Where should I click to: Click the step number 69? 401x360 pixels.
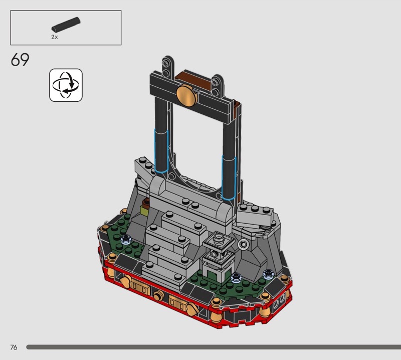(x=20, y=60)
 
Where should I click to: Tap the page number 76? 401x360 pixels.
(x=14, y=347)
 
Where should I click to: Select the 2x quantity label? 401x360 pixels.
(x=55, y=37)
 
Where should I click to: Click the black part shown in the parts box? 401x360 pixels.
(x=66, y=25)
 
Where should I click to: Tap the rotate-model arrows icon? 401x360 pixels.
(x=66, y=85)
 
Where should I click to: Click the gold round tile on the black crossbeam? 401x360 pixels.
(x=187, y=95)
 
